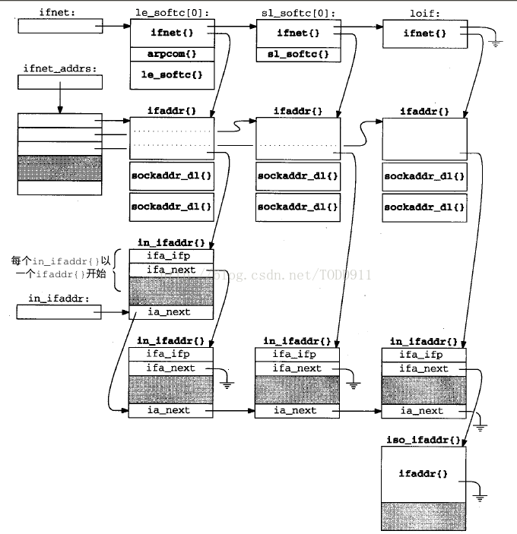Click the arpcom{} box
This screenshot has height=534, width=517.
click(x=172, y=54)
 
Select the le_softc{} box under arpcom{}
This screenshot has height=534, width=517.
click(x=172, y=75)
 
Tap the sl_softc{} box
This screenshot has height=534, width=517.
click(x=299, y=55)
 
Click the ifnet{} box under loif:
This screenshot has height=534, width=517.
click(x=425, y=33)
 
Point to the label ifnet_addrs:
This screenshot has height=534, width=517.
click(x=60, y=68)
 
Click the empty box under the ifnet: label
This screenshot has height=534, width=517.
click(x=60, y=26)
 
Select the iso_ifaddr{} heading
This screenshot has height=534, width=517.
click(x=423, y=440)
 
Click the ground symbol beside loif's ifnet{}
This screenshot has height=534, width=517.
click(x=496, y=43)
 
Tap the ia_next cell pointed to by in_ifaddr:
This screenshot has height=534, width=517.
click(x=171, y=312)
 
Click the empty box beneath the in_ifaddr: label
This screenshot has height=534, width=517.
click(x=59, y=312)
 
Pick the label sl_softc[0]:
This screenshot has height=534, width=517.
click(x=299, y=13)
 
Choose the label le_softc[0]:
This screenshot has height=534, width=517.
click(x=173, y=13)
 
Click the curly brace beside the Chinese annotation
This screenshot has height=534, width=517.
click(x=117, y=270)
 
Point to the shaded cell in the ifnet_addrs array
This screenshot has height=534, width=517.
click(x=59, y=168)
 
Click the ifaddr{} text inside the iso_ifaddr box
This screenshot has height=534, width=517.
click(x=423, y=473)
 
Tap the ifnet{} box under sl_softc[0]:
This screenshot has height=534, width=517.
click(x=299, y=33)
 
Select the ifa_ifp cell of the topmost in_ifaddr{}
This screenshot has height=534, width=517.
click(x=171, y=256)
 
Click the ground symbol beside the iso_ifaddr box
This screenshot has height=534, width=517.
click(x=480, y=498)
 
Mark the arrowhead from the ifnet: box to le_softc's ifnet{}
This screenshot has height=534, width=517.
click(x=126, y=26)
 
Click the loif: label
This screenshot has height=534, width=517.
click(x=425, y=14)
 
